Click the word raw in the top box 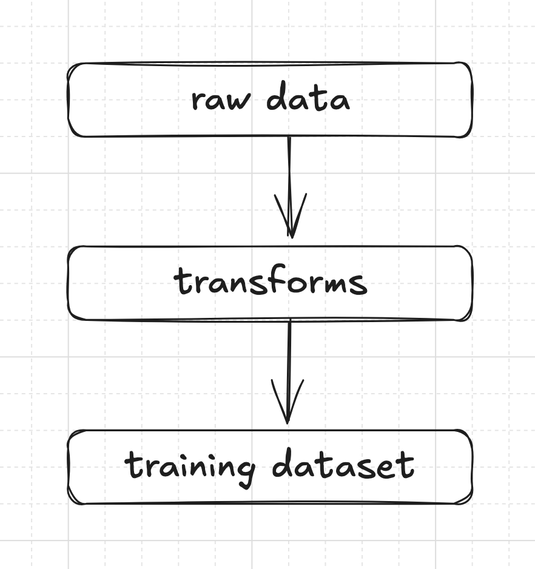pos(221,100)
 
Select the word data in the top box pos(308,96)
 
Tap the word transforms pos(271,281)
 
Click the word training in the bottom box pos(190,469)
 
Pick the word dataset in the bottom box pos(343,463)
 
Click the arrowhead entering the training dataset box pos(288,402)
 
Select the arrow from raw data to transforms pos(290,187)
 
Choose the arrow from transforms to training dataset pos(289,372)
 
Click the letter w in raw pos(239,101)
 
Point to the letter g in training pos(246,473)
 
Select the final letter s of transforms pos(359,286)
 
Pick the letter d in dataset pos(283,462)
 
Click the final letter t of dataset pos(406,465)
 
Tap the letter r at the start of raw pos(198,101)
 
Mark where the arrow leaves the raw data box pos(289,137)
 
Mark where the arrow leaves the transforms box pos(290,320)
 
